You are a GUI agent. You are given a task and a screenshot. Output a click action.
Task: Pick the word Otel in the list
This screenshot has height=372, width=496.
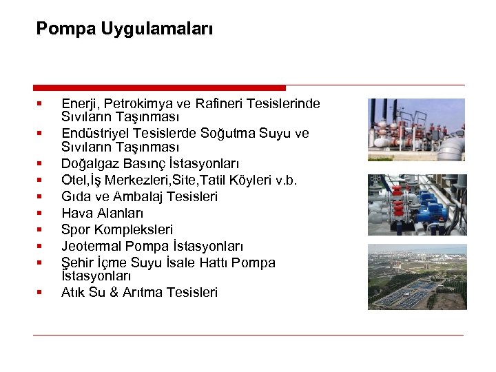[x=73, y=180]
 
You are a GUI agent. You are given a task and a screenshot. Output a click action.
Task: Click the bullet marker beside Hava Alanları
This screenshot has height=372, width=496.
[x=41, y=213]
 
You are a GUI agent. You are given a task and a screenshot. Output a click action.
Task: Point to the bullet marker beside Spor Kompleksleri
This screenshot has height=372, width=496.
[x=41, y=229]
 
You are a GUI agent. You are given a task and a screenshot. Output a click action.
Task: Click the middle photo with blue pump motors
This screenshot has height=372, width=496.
[x=417, y=203]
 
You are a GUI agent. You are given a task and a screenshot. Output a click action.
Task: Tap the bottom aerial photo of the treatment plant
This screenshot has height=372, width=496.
[x=417, y=276]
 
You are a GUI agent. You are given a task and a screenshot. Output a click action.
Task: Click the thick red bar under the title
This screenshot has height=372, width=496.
[x=158, y=87]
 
